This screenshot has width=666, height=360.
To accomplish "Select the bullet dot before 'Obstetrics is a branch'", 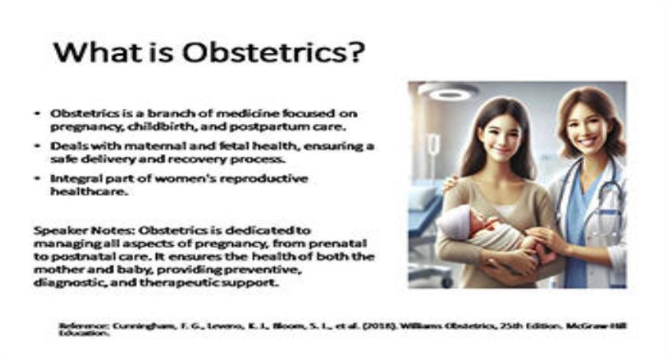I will (37, 113).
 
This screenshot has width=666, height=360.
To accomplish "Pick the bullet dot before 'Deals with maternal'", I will (37, 146).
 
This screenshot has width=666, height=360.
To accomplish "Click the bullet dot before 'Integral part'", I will (37, 178).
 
